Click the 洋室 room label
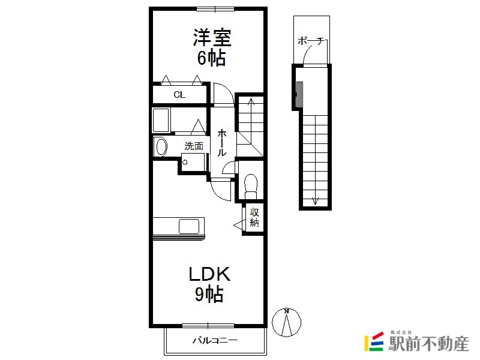(x=212, y=37)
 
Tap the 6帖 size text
(x=212, y=58)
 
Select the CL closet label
(x=179, y=95)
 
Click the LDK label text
(x=209, y=274)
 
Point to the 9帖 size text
(x=209, y=294)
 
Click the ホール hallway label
(x=222, y=143)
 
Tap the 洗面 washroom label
(x=194, y=146)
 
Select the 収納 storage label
(x=254, y=217)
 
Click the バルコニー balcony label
(x=215, y=340)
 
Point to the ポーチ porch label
(x=310, y=41)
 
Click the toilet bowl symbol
(x=251, y=186)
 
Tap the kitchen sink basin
(x=189, y=227)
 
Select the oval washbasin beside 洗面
(x=161, y=147)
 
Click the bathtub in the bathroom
(x=161, y=121)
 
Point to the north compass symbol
(x=287, y=322)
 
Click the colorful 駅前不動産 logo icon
(x=374, y=341)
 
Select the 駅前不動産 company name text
(x=428, y=343)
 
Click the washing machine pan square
(x=193, y=162)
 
